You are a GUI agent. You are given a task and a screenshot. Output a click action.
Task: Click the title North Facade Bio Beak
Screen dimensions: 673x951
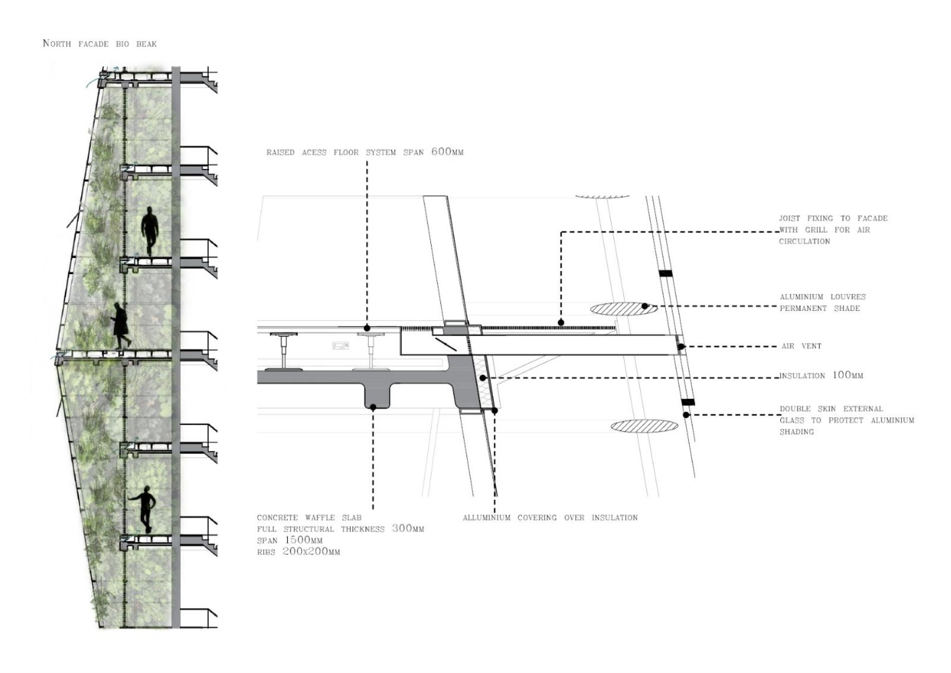pyautogui.click(x=100, y=43)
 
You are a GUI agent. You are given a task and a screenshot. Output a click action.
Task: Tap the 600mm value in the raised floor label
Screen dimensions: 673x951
pyautogui.click(x=447, y=152)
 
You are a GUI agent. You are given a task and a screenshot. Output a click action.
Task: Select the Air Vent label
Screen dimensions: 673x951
pyautogui.click(x=802, y=346)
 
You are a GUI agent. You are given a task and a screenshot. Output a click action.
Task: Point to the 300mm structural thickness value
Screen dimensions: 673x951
pyautogui.click(x=408, y=529)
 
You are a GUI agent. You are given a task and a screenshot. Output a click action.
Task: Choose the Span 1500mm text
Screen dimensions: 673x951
pyautogui.click(x=289, y=540)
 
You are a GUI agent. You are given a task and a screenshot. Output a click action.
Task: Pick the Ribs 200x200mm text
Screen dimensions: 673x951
pyautogui.click(x=298, y=552)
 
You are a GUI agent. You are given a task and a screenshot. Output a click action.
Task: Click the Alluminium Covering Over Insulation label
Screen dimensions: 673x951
pyautogui.click(x=550, y=518)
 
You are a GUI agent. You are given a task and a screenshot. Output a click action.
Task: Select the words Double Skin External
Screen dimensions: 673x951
pyautogui.click(x=831, y=409)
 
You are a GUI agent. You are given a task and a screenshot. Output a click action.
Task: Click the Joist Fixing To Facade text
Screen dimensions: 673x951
pyautogui.click(x=833, y=218)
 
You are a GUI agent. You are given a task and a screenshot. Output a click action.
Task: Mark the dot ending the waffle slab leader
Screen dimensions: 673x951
pyautogui.click(x=373, y=407)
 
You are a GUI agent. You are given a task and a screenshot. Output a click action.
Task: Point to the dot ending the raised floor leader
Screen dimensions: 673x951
pyautogui.click(x=367, y=328)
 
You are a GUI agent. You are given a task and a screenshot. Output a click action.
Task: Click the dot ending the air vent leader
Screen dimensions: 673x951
pyautogui.click(x=681, y=347)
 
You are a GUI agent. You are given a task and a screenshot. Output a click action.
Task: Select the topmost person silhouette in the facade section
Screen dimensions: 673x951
pyautogui.click(x=149, y=231)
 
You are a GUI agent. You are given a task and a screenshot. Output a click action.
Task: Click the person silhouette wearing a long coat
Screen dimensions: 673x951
pyautogui.click(x=121, y=326)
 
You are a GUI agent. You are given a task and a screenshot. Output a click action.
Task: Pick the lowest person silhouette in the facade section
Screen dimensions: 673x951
pyautogui.click(x=144, y=509)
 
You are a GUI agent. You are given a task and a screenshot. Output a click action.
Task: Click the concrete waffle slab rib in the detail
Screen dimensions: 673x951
pyautogui.click(x=377, y=395)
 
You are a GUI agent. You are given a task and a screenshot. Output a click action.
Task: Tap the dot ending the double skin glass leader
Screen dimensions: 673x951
pyautogui.click(x=687, y=415)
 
